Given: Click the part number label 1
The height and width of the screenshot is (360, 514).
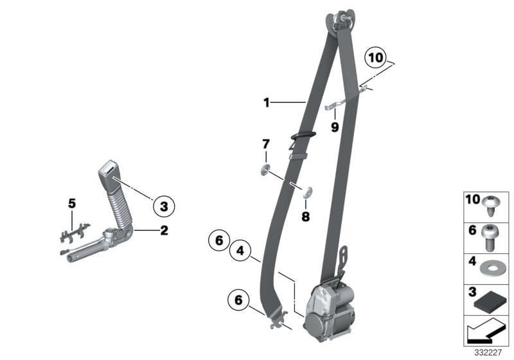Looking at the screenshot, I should click(x=266, y=102).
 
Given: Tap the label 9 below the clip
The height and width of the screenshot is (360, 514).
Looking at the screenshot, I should click(x=334, y=127).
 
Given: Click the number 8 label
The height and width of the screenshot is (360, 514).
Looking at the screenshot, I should click(x=305, y=217).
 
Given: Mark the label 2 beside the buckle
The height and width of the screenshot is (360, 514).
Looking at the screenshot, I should click(x=164, y=230).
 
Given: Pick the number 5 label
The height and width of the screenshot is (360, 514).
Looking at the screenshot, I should click(x=72, y=204).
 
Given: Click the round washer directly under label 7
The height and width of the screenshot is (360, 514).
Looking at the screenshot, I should click(x=264, y=171).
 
